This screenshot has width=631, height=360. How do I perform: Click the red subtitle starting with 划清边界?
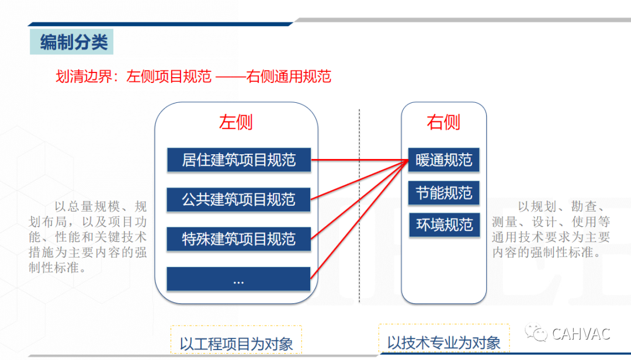pyautogui.click(x=193, y=77)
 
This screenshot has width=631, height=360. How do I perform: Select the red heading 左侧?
pyautogui.click(x=236, y=122)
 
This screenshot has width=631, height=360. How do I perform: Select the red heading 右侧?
pyautogui.click(x=443, y=122)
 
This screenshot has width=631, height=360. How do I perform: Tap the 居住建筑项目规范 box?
pyautogui.click(x=239, y=160)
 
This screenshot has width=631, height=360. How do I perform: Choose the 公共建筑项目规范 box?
pyautogui.click(x=238, y=199)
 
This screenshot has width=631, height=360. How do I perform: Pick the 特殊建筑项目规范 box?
pyautogui.click(x=238, y=239)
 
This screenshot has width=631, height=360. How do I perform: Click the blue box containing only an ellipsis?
pyautogui.click(x=238, y=279)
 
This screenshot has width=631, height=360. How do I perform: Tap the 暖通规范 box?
pyautogui.click(x=444, y=160)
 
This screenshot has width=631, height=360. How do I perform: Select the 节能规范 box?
pyautogui.click(x=444, y=193)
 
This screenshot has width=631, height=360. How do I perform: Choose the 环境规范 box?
pyautogui.click(x=445, y=224)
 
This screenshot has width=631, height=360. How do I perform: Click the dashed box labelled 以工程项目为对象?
pyautogui.click(x=236, y=340)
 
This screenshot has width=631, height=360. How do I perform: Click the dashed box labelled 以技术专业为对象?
pyautogui.click(x=444, y=338)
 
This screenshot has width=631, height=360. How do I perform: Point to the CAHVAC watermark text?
pyautogui.click(x=581, y=334)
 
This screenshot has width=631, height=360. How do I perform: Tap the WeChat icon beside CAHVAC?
pyautogui.click(x=536, y=333)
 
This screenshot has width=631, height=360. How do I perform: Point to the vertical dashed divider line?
pyautogui.click(x=359, y=205)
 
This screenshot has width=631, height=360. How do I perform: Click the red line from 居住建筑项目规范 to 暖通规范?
pyautogui.click(x=360, y=160)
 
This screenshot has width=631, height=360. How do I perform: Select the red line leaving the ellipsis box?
pyautogui.click(x=360, y=219)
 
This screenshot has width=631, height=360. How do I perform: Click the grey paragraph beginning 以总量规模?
pyautogui.click(x=88, y=237)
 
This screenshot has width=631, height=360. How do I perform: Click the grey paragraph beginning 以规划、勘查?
pyautogui.click(x=551, y=230)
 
